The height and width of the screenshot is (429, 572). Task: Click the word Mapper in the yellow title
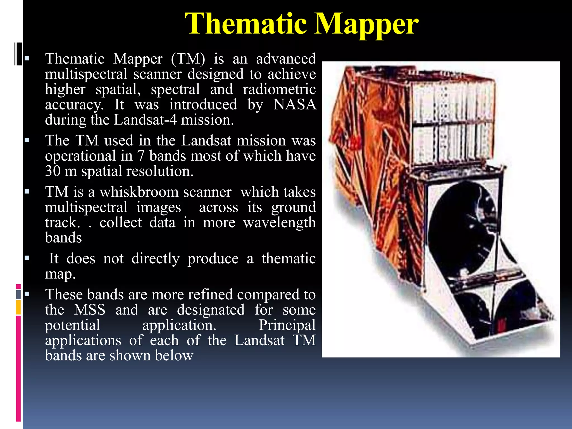click(366, 25)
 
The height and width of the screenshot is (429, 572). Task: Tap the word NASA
click(295, 105)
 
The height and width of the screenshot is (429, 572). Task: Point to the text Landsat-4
click(145, 120)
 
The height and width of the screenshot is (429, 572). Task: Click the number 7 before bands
click(141, 156)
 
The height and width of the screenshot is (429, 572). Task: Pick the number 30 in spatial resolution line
click(53, 171)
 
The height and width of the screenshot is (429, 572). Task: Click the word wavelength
click(279, 223)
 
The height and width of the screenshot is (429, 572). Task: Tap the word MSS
click(90, 310)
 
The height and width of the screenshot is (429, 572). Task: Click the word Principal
click(287, 325)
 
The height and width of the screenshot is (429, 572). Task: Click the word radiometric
click(279, 90)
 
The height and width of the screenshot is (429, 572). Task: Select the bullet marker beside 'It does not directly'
click(27, 258)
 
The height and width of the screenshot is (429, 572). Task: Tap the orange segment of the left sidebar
click(18, 307)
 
